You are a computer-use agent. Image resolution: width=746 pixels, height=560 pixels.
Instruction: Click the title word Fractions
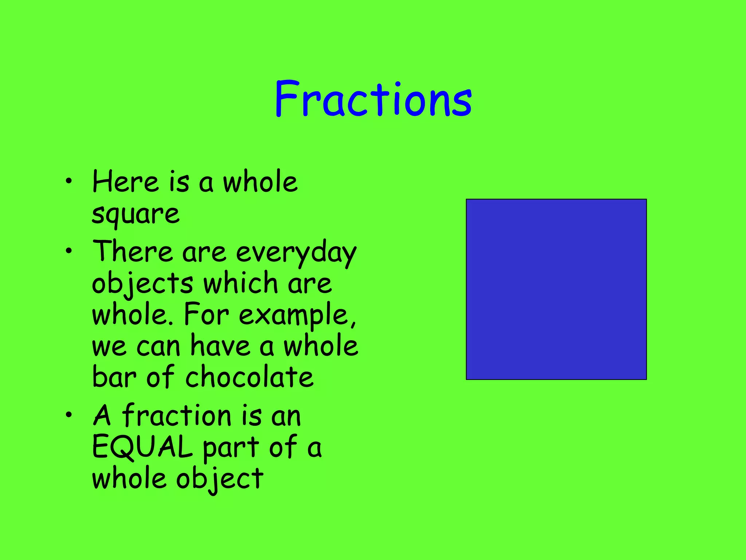pyautogui.click(x=373, y=99)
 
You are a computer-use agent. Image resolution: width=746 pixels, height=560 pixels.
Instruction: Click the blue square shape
pyautogui.click(x=556, y=289)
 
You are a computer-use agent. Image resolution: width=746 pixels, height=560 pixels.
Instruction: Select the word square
pyautogui.click(x=136, y=214)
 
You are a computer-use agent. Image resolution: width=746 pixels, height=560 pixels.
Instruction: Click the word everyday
pyautogui.click(x=296, y=253)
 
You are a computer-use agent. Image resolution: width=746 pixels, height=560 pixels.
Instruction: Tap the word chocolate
pyautogui.click(x=249, y=377)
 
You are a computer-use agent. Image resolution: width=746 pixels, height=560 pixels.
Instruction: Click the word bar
pyautogui.click(x=114, y=377)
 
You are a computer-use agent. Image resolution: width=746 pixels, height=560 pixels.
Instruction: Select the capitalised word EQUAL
pyautogui.click(x=142, y=447)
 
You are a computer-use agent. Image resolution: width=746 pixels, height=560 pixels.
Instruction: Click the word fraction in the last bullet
pyautogui.click(x=177, y=416)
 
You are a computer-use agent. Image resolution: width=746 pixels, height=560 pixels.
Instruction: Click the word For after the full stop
pyautogui.click(x=206, y=314)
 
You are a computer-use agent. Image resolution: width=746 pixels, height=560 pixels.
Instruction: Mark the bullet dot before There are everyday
pyautogui.click(x=69, y=251)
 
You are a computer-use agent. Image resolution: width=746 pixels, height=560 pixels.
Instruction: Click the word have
pyautogui.click(x=221, y=346)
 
